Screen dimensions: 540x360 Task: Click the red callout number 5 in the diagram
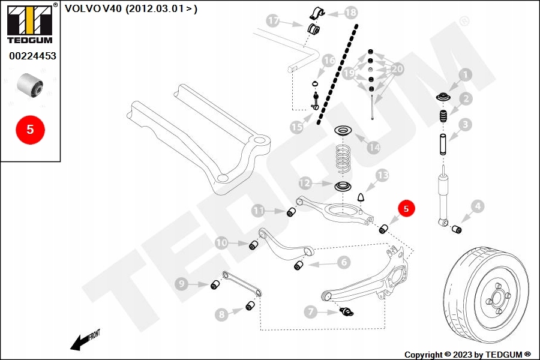[406, 209]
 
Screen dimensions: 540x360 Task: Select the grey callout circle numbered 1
[465, 76]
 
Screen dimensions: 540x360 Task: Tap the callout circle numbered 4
[477, 208]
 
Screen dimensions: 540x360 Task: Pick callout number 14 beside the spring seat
[374, 146]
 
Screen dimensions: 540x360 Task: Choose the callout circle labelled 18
[350, 12]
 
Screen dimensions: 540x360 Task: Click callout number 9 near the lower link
[181, 284]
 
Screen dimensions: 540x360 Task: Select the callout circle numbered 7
[310, 311]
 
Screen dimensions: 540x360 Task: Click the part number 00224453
[32, 56]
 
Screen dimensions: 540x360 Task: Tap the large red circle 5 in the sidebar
[30, 129]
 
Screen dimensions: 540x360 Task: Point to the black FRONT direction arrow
[82, 340]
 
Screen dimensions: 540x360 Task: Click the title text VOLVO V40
[97, 9]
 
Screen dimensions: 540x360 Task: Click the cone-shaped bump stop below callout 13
[362, 197]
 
